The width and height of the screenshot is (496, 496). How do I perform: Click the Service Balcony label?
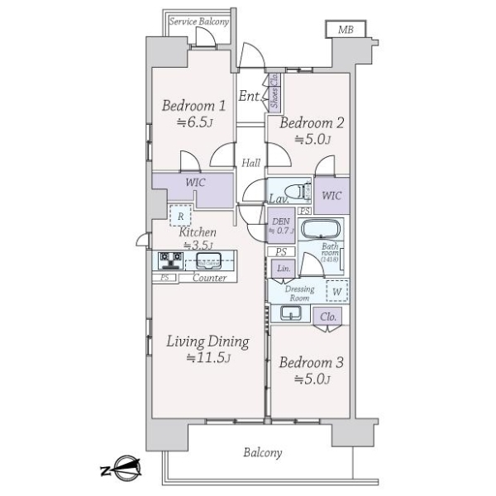click(198, 21)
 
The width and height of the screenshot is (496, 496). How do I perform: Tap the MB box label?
click(344, 30)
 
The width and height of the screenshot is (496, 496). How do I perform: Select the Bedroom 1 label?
click(193, 106)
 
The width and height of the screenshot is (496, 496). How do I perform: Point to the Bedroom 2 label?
click(310, 124)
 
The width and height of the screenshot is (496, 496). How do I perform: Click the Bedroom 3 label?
click(310, 364)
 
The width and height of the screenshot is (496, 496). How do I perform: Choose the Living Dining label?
click(207, 341)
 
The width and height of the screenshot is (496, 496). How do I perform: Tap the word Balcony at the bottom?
click(263, 452)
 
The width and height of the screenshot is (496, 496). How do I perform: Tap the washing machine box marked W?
click(336, 292)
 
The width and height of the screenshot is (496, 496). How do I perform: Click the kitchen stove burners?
click(172, 262)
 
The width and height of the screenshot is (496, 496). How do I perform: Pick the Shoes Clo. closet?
click(274, 93)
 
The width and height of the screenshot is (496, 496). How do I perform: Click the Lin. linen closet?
click(281, 269)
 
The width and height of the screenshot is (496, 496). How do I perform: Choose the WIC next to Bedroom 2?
click(331, 196)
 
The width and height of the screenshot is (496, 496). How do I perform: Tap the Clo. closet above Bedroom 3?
click(327, 317)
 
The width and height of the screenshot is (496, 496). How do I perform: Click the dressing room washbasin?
click(291, 313)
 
